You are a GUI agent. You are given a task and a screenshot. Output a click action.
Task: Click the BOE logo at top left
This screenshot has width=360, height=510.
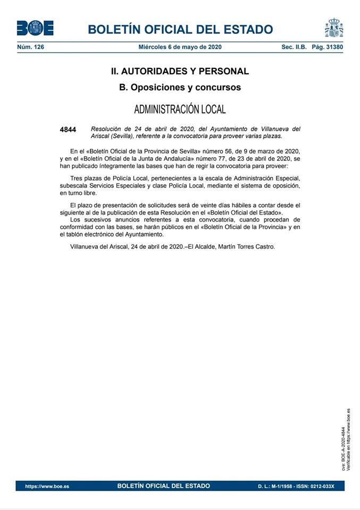pos(35,28)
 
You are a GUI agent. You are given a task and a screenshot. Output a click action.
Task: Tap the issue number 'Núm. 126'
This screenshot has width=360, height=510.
pos(31,47)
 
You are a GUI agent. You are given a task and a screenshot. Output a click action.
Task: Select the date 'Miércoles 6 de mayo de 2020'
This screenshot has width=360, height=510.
pos(180,47)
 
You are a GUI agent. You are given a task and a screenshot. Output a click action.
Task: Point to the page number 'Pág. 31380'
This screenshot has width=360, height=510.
pos(328,47)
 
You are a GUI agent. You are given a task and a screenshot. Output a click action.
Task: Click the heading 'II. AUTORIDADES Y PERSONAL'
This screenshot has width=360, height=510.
pos(180,71)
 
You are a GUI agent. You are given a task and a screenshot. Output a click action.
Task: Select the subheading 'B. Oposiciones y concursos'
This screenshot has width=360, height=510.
pos(180,87)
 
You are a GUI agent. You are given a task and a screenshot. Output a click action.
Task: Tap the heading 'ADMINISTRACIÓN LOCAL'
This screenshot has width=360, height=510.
pos(180,109)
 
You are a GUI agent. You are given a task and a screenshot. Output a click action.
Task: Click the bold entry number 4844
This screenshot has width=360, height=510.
pos(68,130)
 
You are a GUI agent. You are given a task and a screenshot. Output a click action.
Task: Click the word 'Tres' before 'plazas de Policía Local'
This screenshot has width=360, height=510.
pos(78,177)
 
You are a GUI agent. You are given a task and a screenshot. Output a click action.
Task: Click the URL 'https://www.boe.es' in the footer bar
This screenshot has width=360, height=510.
pos(47,486)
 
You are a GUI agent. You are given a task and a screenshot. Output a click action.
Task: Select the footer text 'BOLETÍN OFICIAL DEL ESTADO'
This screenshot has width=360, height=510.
pos(163,486)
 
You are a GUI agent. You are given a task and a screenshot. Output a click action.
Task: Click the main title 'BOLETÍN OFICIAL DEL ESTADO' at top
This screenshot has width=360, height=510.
pos(180,30)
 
